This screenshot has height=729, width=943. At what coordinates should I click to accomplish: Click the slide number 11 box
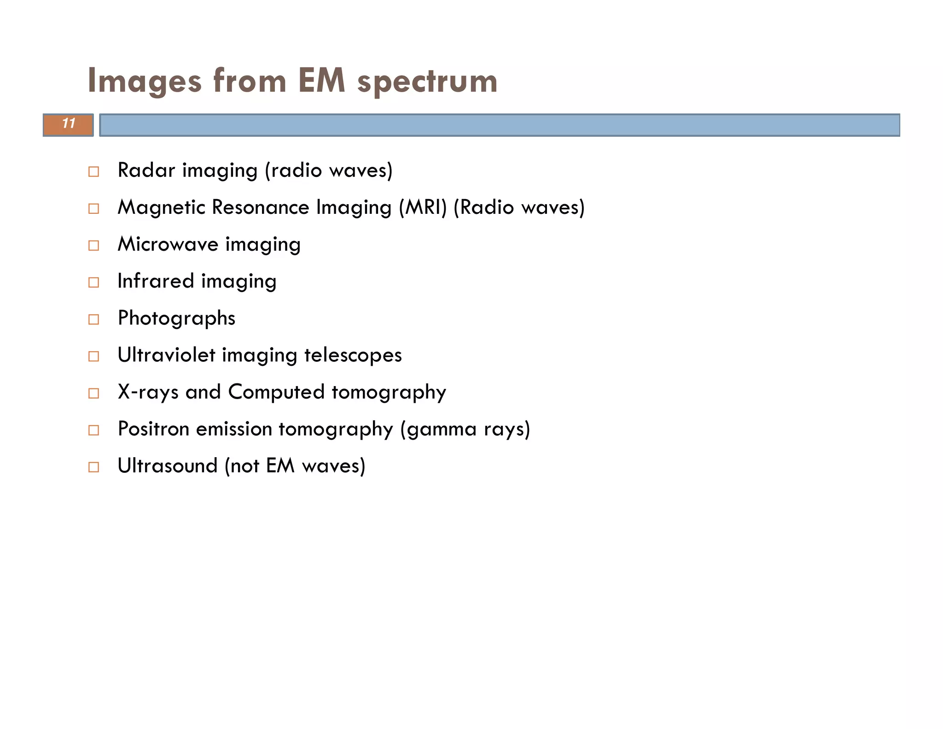68,124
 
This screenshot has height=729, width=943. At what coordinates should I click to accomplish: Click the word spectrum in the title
427,81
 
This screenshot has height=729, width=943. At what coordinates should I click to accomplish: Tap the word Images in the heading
145,81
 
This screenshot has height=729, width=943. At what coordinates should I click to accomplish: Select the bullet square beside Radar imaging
93,172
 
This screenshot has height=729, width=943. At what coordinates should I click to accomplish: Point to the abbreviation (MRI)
423,207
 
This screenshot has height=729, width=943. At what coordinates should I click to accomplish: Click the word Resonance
260,207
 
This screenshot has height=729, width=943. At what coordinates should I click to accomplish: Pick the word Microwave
168,244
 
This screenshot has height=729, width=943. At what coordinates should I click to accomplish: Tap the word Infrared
156,281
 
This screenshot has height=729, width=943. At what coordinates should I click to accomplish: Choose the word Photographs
176,318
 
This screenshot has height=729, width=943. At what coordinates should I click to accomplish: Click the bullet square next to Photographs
93,319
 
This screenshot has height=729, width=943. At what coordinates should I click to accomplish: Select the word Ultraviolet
166,355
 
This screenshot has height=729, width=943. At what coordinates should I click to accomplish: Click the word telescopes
353,355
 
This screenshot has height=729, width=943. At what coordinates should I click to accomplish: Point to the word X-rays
148,392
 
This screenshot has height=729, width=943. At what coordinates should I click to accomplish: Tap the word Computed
276,392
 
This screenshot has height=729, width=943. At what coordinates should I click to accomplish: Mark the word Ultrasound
167,466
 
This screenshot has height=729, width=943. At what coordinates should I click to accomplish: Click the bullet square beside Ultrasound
93,467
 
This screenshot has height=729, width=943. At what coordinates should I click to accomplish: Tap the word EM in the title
321,81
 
